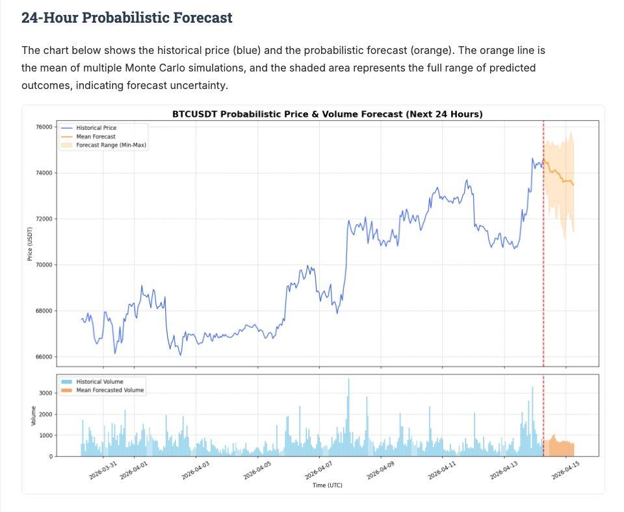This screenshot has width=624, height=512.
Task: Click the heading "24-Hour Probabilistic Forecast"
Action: tap(127, 18)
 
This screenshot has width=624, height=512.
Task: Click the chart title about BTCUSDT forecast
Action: tap(327, 114)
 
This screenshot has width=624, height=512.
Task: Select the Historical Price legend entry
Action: tap(96, 128)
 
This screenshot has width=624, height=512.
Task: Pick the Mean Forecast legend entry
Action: tap(96, 136)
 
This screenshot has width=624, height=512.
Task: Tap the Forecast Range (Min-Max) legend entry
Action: tap(111, 146)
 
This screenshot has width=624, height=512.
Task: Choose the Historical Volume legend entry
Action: tap(99, 381)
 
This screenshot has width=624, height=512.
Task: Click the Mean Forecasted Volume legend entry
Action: tap(110, 390)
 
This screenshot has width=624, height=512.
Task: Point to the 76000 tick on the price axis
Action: tap(44, 127)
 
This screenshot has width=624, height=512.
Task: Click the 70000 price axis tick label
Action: tap(44, 265)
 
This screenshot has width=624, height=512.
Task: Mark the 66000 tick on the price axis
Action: tap(44, 357)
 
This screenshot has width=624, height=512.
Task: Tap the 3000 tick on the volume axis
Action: tap(45, 393)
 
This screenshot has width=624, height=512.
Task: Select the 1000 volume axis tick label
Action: tap(45, 435)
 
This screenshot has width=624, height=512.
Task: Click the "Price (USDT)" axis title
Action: tap(30, 244)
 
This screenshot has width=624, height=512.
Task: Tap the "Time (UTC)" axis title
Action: tap(327, 485)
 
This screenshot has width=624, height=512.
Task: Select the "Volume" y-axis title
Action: tap(32, 416)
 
